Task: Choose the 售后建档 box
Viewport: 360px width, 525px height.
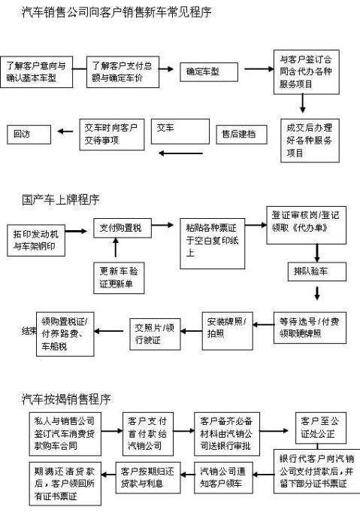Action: [x=241, y=134]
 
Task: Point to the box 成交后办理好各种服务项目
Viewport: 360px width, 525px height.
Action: [x=307, y=140]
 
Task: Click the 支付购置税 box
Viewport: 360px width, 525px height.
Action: [x=122, y=227]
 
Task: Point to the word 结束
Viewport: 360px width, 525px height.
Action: [x=29, y=330]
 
